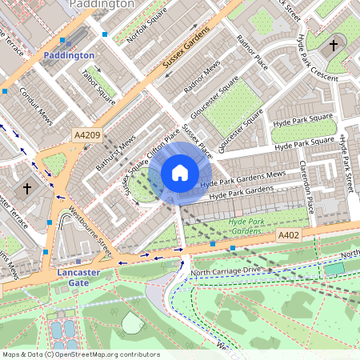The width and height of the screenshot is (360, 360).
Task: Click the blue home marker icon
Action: pyautogui.click(x=180, y=172)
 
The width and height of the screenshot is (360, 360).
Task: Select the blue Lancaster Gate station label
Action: pyautogui.click(x=79, y=278)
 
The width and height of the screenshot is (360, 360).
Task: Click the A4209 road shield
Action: pyautogui.click(x=86, y=135)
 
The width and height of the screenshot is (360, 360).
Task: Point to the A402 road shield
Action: pyautogui.click(x=290, y=234)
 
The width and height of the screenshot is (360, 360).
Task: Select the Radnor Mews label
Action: pyautogui.click(x=202, y=78)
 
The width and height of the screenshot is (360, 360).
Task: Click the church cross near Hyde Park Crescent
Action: pyautogui.click(x=334, y=45)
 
